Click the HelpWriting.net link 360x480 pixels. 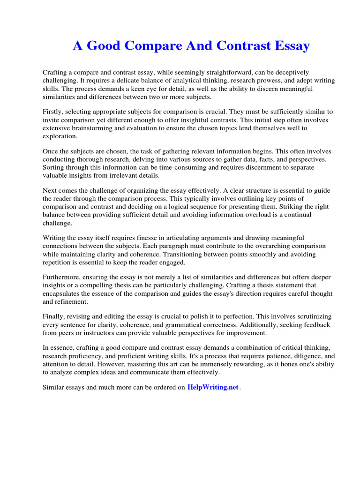coord(213,387)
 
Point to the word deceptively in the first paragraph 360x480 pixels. coord(289,72)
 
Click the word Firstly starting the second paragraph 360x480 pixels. coord(53,112)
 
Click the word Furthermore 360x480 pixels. coord(61,277)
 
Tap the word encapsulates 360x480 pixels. coord(62,293)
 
